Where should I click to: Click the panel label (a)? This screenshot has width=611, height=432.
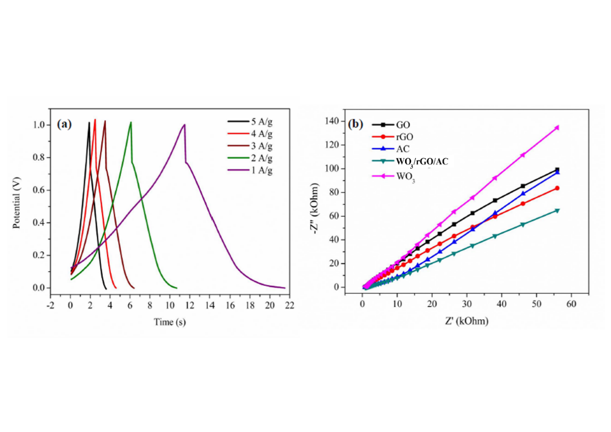(64, 124)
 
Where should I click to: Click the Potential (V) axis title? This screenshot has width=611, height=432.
(17, 204)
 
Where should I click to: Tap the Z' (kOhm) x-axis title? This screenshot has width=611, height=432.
(460, 321)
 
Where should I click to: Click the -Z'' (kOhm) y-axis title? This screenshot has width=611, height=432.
(314, 204)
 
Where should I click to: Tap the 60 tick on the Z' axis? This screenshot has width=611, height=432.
(571, 304)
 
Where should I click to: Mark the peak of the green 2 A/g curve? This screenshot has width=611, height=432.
(130, 122)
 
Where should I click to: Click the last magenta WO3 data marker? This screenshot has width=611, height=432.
(557, 127)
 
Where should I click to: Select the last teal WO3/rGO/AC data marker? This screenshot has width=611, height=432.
(557, 210)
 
